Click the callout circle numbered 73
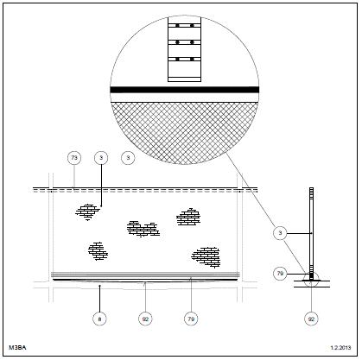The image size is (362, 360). [74, 158]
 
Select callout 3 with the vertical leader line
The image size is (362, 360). [101, 158]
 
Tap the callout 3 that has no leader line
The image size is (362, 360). [128, 158]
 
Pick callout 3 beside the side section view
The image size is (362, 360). [280, 233]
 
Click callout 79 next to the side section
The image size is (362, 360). [280, 274]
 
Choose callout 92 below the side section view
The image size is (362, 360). [311, 319]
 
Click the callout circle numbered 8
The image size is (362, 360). [99, 319]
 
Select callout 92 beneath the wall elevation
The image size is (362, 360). [145, 319]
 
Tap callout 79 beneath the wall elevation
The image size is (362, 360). [191, 319]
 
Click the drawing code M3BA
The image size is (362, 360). [17, 348]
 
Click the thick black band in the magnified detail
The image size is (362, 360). [185, 90]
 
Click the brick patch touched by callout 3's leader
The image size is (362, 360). [87, 212]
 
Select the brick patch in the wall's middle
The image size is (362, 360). [143, 229]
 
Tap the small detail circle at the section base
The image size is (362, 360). [311, 279]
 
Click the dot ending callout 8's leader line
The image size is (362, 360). [99, 286]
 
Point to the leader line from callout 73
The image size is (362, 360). [74, 176]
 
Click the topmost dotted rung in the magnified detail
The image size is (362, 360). [185, 26]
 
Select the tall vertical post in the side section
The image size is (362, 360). [311, 234]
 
